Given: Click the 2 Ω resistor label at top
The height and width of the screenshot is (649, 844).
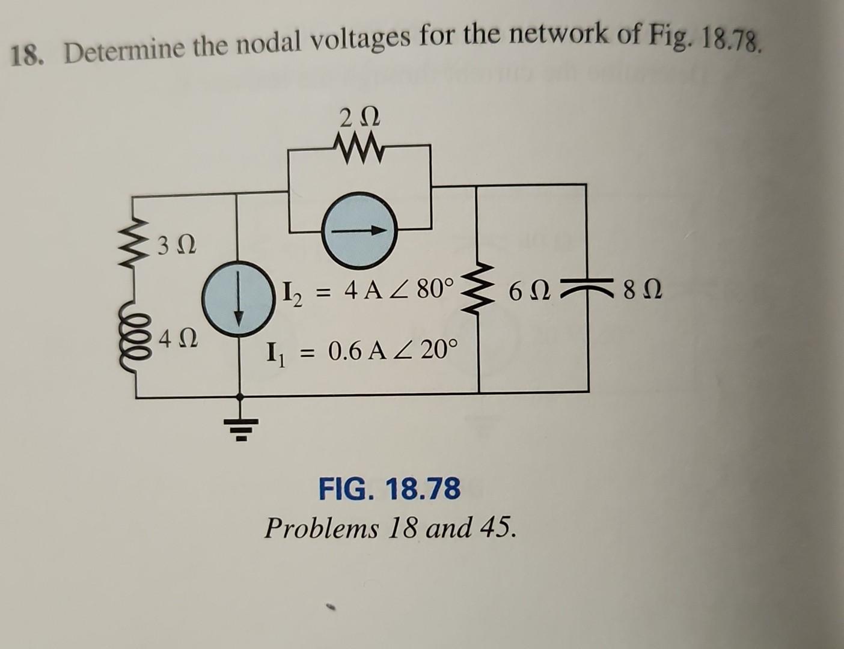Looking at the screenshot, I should [x=358, y=117].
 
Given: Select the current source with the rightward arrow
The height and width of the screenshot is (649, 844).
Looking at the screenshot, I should [x=360, y=229].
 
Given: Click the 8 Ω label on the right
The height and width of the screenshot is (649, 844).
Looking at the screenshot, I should [x=643, y=294].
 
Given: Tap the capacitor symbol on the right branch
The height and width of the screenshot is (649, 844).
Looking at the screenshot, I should [x=587, y=290].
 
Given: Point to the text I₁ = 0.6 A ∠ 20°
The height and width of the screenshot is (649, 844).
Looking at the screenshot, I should [x=362, y=350].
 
